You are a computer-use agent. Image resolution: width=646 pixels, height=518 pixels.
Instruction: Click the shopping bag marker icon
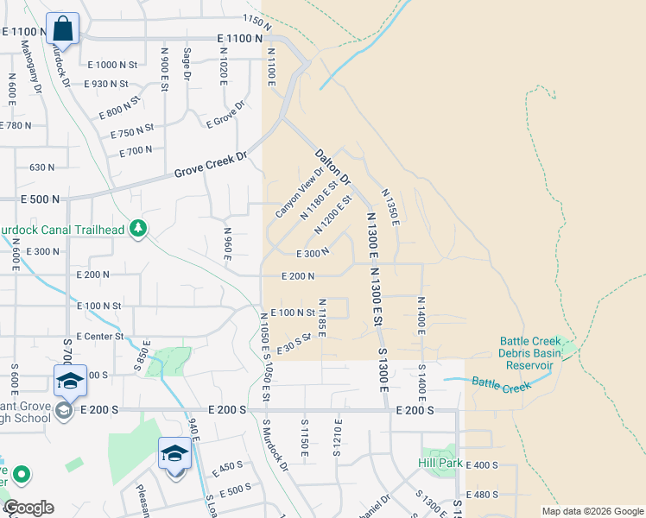[x=63, y=28]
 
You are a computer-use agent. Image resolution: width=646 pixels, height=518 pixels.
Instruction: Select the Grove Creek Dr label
[x=211, y=165]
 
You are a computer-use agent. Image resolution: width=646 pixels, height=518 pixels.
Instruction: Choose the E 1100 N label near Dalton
[x=234, y=38]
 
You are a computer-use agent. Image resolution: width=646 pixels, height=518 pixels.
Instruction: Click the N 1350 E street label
[x=389, y=207]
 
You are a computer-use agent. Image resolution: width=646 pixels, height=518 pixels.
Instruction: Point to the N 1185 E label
[x=320, y=318]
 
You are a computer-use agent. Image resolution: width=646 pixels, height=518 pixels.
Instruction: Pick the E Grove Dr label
[x=225, y=114]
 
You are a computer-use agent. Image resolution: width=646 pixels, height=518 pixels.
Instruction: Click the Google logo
[x=29, y=508]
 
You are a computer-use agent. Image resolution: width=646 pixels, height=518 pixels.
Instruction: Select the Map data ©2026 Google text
[x=592, y=511]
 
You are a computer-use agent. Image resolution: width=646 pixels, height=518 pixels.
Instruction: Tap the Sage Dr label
[x=187, y=64]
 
